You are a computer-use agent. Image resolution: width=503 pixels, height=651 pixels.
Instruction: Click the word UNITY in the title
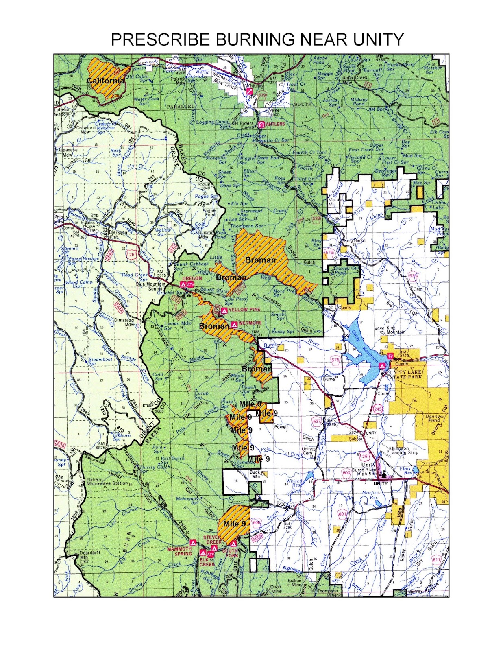click(378, 39)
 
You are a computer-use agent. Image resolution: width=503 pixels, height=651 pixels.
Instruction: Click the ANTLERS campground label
click(275, 124)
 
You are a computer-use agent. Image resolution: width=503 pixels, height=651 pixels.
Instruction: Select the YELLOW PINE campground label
click(244, 310)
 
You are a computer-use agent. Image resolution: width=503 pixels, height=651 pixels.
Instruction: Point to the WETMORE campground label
click(250, 323)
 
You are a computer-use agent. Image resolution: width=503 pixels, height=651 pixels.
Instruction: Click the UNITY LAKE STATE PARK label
click(405, 374)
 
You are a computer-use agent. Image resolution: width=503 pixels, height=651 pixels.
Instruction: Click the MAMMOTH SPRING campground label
click(179, 551)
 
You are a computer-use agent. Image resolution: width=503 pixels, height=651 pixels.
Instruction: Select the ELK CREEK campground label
click(207, 562)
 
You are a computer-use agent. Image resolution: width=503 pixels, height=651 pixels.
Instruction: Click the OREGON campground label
click(192, 278)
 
